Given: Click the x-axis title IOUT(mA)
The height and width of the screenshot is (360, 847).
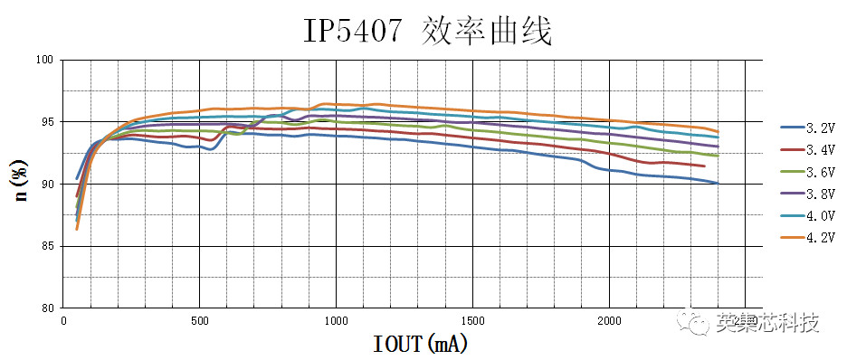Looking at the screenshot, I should pos(421,344).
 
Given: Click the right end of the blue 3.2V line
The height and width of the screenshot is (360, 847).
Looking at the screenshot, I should pos(718,183).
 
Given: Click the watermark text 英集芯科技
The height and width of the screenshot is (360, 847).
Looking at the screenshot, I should pos(766,322).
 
